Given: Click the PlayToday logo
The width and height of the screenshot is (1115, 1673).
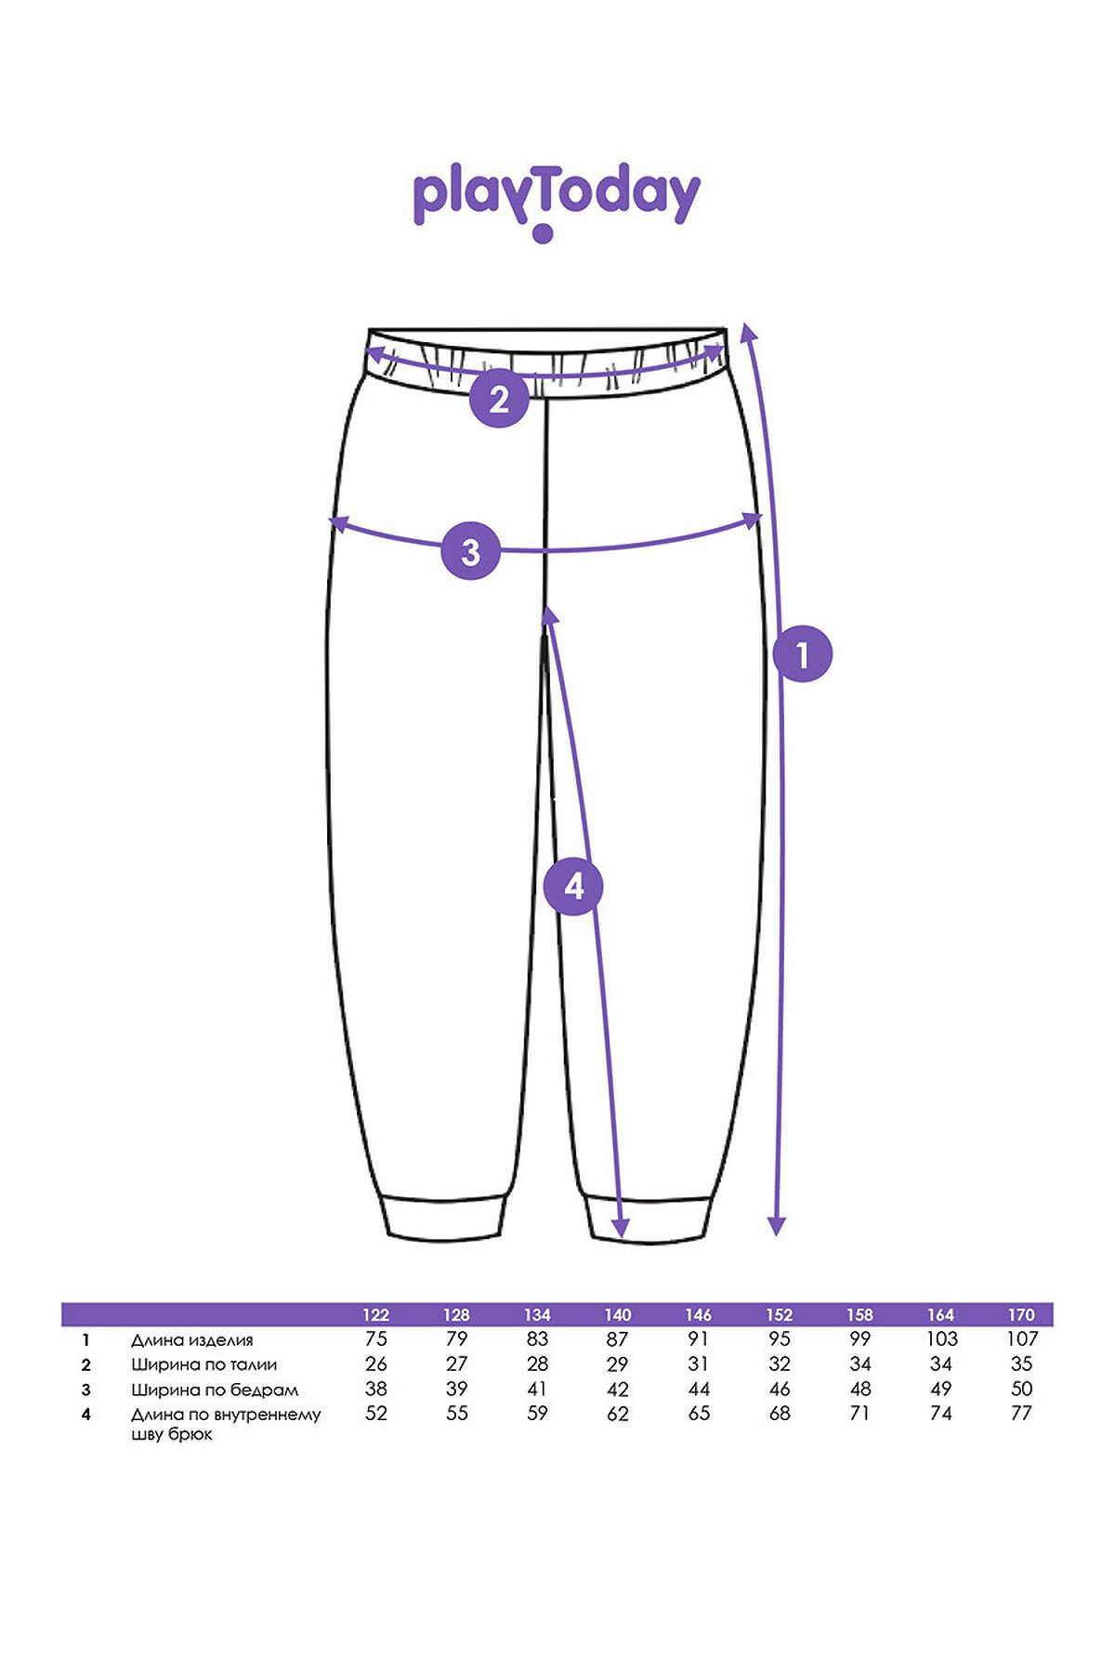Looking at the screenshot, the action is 556,203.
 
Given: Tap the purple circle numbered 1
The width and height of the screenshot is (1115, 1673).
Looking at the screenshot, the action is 803,654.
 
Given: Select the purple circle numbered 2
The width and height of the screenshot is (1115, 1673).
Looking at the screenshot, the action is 499,399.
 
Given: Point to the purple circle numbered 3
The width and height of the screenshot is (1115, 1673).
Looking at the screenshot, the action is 470,550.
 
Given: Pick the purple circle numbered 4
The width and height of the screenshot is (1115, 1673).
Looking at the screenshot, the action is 574,886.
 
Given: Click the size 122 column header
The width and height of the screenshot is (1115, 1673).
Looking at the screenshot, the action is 375,1314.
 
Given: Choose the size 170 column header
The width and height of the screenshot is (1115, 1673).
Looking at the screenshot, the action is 1020,1314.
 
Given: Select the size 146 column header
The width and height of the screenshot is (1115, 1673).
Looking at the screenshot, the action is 698,1314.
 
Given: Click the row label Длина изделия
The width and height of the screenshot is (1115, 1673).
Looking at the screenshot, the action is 191,1340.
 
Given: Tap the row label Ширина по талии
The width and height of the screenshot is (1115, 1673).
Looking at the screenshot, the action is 203,1365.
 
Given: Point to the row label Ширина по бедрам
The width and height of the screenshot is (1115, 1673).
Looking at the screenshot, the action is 215,1390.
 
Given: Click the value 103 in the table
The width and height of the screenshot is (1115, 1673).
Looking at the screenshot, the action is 940,1339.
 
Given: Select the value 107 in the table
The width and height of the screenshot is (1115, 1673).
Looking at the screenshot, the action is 1021,1339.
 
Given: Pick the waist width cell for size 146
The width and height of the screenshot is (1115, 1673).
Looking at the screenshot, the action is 698,1364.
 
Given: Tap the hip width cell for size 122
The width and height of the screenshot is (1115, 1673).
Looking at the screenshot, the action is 375,1389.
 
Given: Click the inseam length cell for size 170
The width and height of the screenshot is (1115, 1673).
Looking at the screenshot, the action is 1020,1414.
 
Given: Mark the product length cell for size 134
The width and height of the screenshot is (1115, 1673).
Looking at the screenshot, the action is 537,1339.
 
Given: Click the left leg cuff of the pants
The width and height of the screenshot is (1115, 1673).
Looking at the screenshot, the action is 446,1216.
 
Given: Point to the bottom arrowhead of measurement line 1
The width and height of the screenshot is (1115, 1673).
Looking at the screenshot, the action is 778,1226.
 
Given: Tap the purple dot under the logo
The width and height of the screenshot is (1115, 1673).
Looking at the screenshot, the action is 544,233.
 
